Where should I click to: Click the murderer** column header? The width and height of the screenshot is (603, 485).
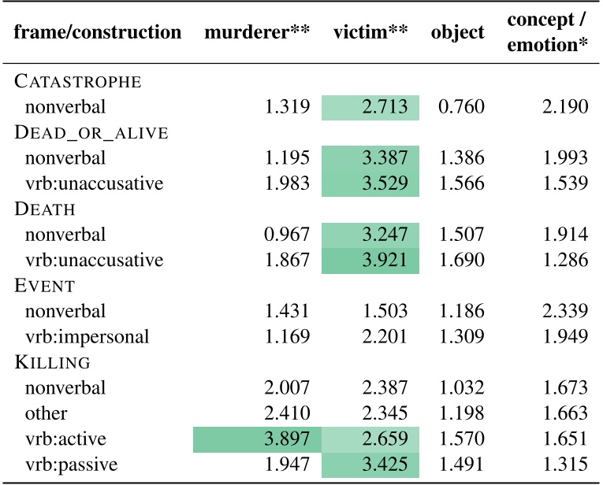(256, 33)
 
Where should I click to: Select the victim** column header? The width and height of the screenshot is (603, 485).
(370, 33)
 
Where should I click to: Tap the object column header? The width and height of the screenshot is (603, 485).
(457, 33)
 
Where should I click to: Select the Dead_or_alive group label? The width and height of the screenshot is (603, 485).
(91, 132)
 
